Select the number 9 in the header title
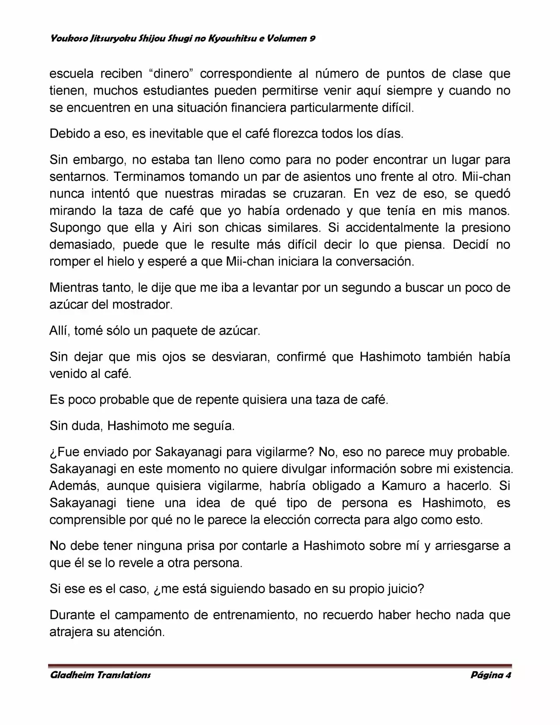[x=313, y=38]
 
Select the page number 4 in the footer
[x=508, y=675]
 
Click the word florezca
[x=295, y=134]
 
